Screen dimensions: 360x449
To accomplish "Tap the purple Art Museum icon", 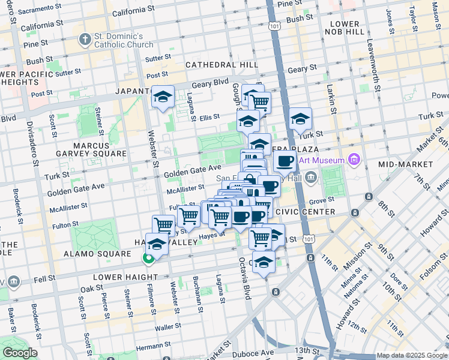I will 354,160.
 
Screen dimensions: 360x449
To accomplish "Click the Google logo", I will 19,353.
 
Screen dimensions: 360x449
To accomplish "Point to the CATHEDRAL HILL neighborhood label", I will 221,65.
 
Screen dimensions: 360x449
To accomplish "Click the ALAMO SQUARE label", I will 97,254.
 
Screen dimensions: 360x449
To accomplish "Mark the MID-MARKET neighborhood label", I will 406,164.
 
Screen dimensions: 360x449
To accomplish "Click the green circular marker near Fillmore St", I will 147,259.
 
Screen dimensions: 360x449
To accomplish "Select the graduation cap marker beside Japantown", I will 163,97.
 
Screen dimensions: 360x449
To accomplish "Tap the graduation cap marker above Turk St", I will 300,119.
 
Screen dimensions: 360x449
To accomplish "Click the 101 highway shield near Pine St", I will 274,26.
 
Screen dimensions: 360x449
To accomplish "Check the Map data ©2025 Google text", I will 412,355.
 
